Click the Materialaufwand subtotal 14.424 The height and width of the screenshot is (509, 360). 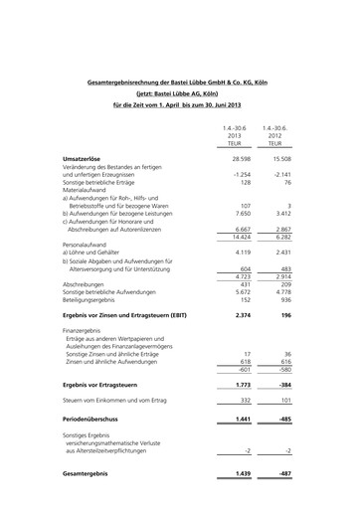click(240, 238)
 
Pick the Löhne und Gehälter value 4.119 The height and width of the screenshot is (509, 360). click(242, 254)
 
